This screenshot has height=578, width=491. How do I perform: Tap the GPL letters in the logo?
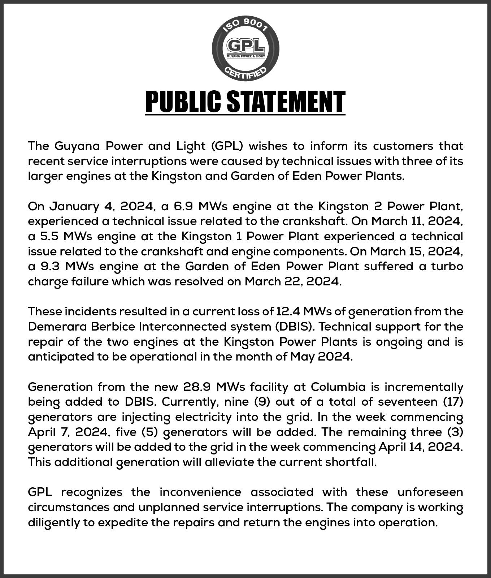(x=245, y=46)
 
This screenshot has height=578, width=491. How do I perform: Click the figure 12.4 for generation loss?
(x=288, y=311)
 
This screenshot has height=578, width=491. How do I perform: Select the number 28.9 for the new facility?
(x=197, y=387)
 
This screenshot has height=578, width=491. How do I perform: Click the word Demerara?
(x=57, y=326)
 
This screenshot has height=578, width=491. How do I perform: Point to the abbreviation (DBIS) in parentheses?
(x=296, y=326)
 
